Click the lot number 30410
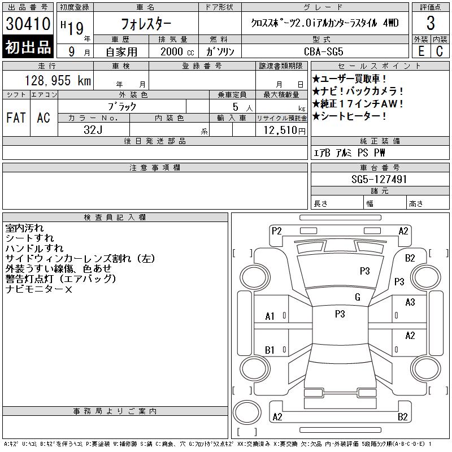[x=28, y=24]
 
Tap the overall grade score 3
[x=431, y=23]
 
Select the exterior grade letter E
[x=421, y=51]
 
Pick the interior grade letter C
[x=440, y=51]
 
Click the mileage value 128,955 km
[x=58, y=81]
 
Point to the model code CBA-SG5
[x=324, y=51]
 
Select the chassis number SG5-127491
[x=379, y=179]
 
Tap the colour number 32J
[x=93, y=130]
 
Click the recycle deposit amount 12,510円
[x=284, y=131]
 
